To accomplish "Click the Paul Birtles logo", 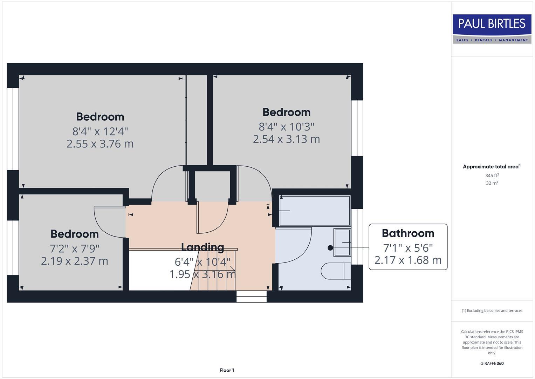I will pyautogui.click(x=492, y=29).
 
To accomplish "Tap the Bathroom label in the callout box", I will pyautogui.click(x=408, y=233).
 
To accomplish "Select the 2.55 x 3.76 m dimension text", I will pyautogui.click(x=100, y=144).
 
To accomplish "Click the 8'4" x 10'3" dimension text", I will pyautogui.click(x=286, y=126).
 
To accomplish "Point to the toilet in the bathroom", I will pyautogui.click(x=336, y=271).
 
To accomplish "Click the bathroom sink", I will pyautogui.click(x=342, y=242).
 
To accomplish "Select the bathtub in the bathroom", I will pyautogui.click(x=315, y=211).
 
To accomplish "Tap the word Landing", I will pyautogui.click(x=203, y=247).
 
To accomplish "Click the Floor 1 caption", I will pyautogui.click(x=227, y=370).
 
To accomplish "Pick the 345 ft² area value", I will pyautogui.click(x=492, y=175).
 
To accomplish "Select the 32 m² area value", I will pyautogui.click(x=492, y=183).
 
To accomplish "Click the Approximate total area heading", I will pyautogui.click(x=492, y=167).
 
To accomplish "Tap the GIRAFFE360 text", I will pyautogui.click(x=492, y=364).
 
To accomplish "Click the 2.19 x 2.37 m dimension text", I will pyautogui.click(x=75, y=261).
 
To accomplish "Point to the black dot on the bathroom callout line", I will pyautogui.click(x=330, y=248).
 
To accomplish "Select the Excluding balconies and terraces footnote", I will pyautogui.click(x=492, y=311).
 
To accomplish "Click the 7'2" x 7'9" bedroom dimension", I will pyautogui.click(x=75, y=248).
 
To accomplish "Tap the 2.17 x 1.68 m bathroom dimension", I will pyautogui.click(x=408, y=260).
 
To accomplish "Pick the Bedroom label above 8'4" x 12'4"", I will pyautogui.click(x=100, y=117).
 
